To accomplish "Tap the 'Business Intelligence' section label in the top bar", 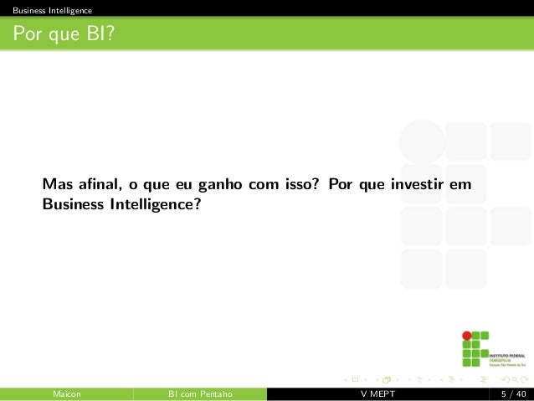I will pyautogui.click(x=47, y=10).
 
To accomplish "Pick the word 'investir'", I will pyautogui.click(x=417, y=184).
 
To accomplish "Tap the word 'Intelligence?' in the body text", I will pyautogui.click(x=155, y=203).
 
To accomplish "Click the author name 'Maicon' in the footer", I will pyautogui.click(x=66, y=393).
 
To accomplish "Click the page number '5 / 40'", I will pyautogui.click(x=512, y=393).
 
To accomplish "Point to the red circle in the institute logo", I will pyautogui.click(x=467, y=336).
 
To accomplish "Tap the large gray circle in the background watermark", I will pyautogui.click(x=422, y=141).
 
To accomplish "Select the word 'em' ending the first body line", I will pyautogui.click(x=460, y=184).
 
